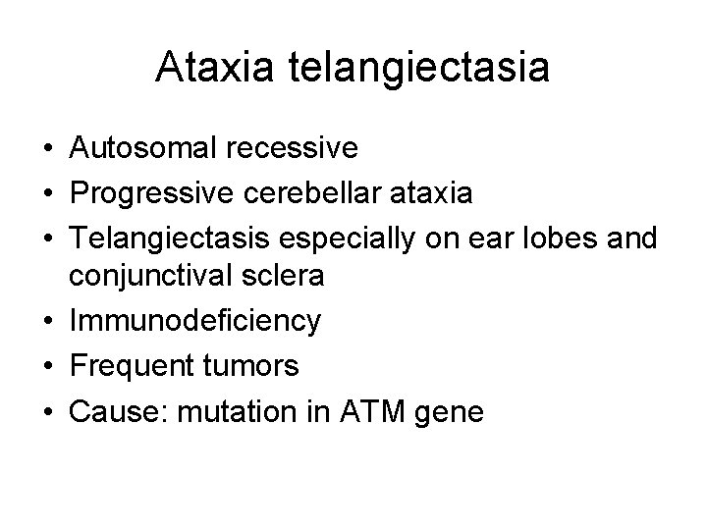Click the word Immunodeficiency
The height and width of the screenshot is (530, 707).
[x=194, y=321]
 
